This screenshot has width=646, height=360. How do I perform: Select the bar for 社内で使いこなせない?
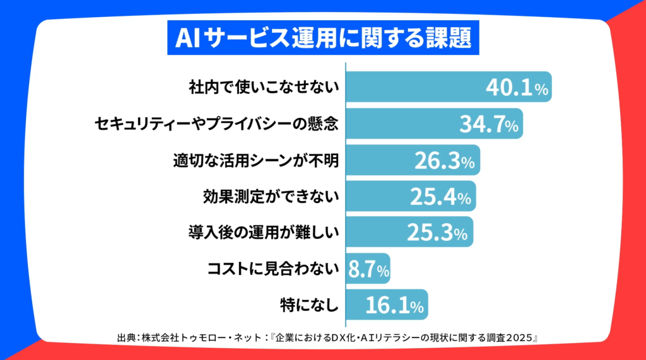tap(416, 88)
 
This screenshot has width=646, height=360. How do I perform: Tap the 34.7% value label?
tap(488, 124)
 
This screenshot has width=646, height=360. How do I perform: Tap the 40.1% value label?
tap(517, 88)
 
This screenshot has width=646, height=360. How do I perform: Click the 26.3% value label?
tap(444, 160)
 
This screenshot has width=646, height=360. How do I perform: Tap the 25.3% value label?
tap(438, 233)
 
